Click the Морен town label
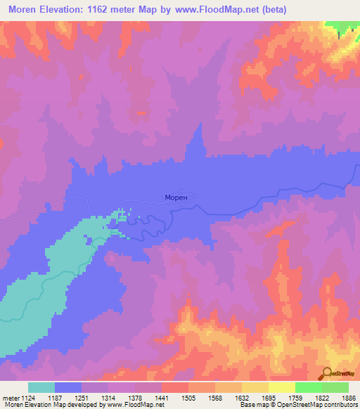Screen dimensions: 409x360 point(176,198)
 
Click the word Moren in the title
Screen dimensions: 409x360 point(25,9)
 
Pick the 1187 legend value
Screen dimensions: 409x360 point(68,398)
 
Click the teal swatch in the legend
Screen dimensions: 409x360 point(41,387)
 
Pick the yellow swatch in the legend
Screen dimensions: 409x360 point(281,387)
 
